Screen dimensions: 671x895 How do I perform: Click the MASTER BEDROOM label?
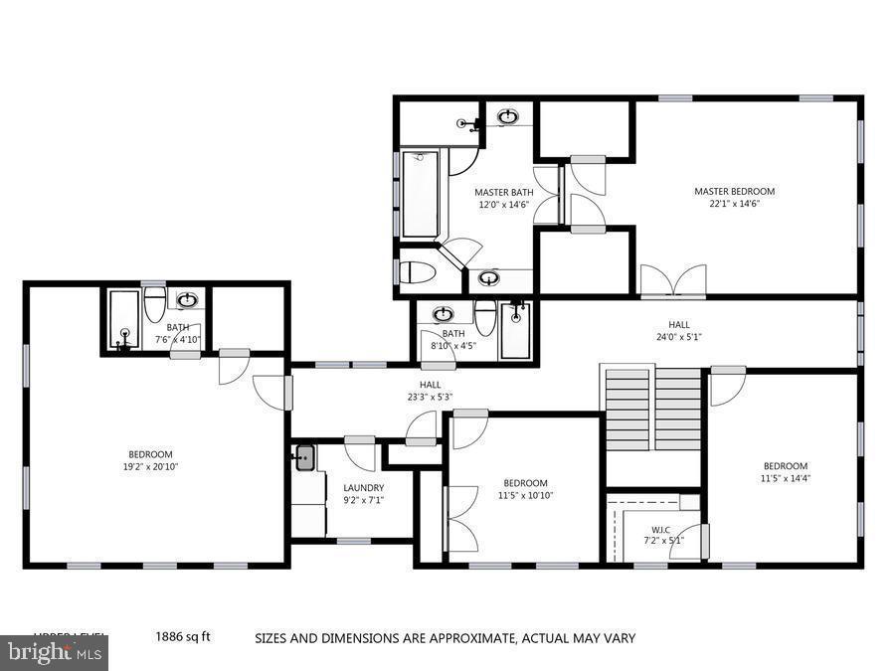point(734,191)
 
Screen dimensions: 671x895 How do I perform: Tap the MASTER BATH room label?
point(503,192)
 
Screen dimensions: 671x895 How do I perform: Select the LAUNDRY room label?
point(363,487)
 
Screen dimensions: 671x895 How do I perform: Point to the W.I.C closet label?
point(660,529)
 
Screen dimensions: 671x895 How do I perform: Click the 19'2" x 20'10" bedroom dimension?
point(149,466)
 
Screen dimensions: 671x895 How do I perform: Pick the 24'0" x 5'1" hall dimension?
point(678,337)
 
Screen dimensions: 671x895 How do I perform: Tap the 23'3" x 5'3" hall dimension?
point(430,398)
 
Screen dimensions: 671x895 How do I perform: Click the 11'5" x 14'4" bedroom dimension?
point(785,478)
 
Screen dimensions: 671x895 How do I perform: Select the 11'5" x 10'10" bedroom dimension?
point(525,495)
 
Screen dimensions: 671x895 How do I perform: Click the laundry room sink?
point(305,458)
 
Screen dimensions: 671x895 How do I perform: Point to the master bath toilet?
point(415,272)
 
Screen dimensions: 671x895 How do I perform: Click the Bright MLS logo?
point(54,653)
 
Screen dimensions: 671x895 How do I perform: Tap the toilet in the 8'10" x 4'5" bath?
point(485,317)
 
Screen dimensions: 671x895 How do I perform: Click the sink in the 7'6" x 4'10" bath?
point(187,299)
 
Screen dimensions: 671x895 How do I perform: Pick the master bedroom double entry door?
point(673,280)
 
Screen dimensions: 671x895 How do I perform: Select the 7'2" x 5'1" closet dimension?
point(660,542)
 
